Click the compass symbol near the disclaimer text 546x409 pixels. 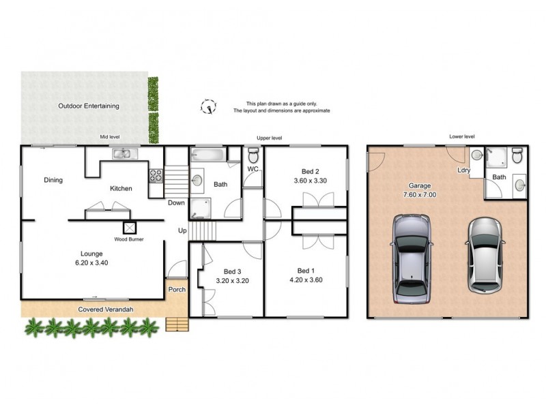click(x=208, y=106)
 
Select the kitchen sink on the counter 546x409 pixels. click(x=125, y=154)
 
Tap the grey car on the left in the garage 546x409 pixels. click(x=412, y=260)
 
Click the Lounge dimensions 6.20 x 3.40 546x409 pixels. click(x=91, y=262)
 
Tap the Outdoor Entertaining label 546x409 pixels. click(x=89, y=106)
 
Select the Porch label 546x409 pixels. click(x=177, y=290)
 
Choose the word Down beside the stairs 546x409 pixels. click(x=176, y=202)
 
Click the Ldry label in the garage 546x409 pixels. click(x=463, y=170)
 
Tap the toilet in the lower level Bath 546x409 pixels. click(x=517, y=155)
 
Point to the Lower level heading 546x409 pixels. click(x=461, y=136)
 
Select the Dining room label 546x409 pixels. click(x=53, y=181)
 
